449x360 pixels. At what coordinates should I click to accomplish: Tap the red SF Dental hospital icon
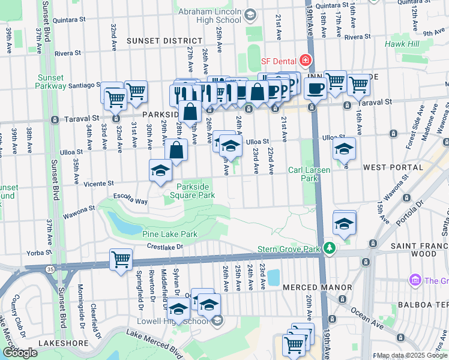pyautogui.click(x=306, y=61)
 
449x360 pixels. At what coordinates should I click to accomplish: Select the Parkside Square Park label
pyautogui.click(x=192, y=191)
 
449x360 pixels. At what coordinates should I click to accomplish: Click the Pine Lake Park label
pyautogui.click(x=169, y=233)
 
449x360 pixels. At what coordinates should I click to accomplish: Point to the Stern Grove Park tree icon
pyautogui.click(x=328, y=248)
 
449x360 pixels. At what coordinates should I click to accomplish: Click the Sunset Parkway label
pyautogui.click(x=51, y=82)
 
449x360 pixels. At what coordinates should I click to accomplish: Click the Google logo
pyautogui.click(x=20, y=353)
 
